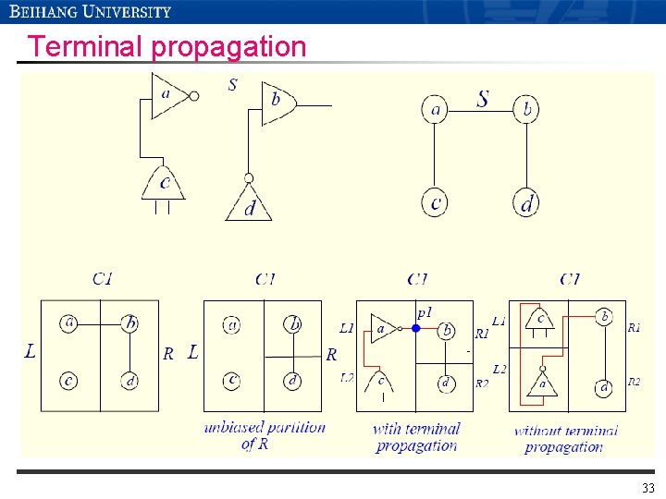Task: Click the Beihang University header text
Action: [91, 12]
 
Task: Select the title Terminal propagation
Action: [166, 46]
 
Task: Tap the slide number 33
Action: [647, 488]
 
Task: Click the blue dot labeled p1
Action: [416, 328]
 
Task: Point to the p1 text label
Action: [424, 312]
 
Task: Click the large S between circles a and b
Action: [482, 98]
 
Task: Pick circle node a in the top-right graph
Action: [436, 111]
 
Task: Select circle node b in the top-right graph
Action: [526, 111]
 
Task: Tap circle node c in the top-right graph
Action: [436, 201]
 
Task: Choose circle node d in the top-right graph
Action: [526, 201]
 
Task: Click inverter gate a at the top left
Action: [172, 95]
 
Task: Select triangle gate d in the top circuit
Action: [249, 205]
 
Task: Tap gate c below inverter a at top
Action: [164, 184]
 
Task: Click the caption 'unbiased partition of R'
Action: [265, 435]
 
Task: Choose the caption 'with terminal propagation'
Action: [416, 436]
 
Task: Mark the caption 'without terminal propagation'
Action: [564, 438]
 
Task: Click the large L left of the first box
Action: [30, 351]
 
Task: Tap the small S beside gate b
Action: [232, 85]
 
